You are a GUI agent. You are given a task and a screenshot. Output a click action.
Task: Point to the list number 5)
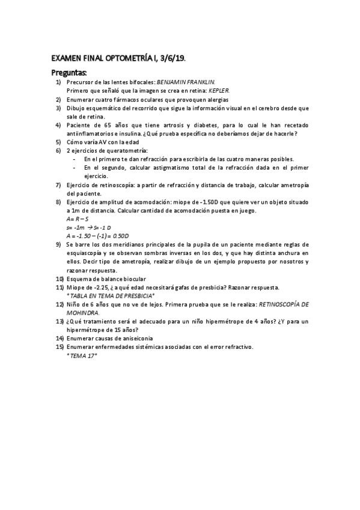(x=58, y=141)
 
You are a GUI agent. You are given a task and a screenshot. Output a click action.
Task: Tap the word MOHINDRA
(x=82, y=313)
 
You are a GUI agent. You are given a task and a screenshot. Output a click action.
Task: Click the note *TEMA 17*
(x=82, y=355)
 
